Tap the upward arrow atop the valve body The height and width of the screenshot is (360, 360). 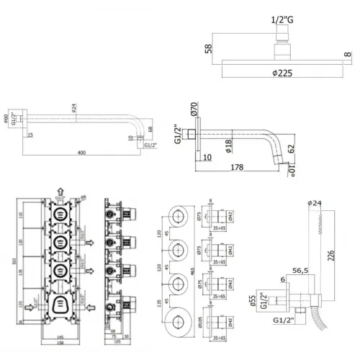point(60,192)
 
